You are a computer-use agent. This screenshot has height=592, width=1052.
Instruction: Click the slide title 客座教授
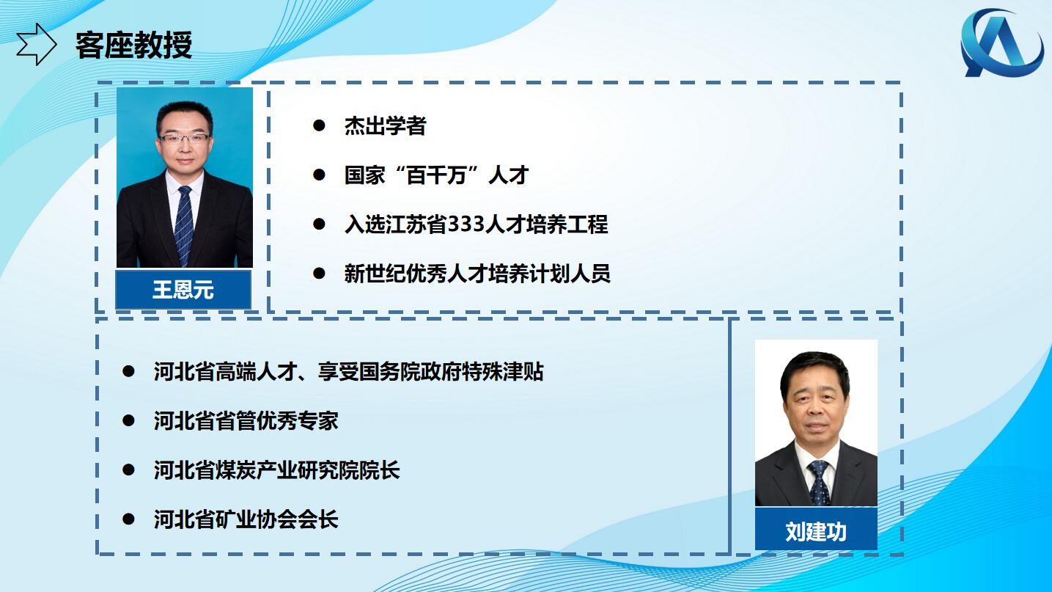pyautogui.click(x=134, y=45)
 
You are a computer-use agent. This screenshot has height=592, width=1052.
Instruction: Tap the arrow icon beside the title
pyautogui.click(x=37, y=44)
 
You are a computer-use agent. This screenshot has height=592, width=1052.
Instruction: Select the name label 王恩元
pyautogui.click(x=183, y=290)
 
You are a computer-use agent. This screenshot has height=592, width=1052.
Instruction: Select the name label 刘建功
pyautogui.click(x=816, y=531)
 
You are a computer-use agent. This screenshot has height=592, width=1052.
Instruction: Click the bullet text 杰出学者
pyautogui.click(x=385, y=125)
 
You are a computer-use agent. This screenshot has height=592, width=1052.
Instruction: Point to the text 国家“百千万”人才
pyautogui.click(x=436, y=175)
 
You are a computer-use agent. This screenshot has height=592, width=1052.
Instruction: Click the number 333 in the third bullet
pyautogui.click(x=467, y=224)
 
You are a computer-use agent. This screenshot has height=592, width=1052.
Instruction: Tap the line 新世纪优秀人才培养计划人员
pyautogui.click(x=477, y=274)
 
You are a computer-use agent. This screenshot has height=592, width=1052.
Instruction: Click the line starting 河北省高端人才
pyautogui.click(x=348, y=372)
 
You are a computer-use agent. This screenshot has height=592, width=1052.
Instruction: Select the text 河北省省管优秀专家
pyautogui.click(x=246, y=420)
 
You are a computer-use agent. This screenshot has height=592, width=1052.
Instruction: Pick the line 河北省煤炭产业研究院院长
pyautogui.click(x=276, y=469)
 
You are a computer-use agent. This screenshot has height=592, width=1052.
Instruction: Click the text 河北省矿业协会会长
pyautogui.click(x=246, y=519)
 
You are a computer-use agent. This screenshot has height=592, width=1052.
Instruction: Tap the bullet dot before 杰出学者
pyautogui.click(x=319, y=125)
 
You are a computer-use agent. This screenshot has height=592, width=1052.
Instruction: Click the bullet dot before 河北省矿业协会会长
pyautogui.click(x=128, y=519)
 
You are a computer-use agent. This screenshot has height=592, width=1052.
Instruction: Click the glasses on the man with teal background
pyautogui.click(x=184, y=139)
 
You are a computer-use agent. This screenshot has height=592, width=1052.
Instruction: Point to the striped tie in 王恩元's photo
pyautogui.click(x=183, y=224)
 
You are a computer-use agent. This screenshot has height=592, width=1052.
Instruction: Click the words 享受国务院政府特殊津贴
pyautogui.click(x=430, y=372)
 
